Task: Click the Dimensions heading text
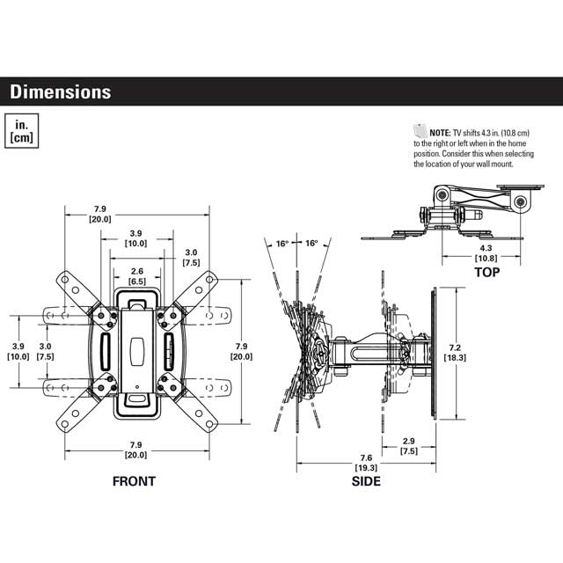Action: pyautogui.click(x=61, y=91)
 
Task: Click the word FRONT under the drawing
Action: pyautogui.click(x=134, y=481)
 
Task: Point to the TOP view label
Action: pyautogui.click(x=486, y=272)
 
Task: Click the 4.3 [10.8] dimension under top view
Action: pyautogui.click(x=485, y=254)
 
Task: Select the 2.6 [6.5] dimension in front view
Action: pyautogui.click(x=136, y=276)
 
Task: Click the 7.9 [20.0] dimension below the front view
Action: pyautogui.click(x=136, y=450)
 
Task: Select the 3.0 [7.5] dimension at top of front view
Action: pyautogui.click(x=191, y=257)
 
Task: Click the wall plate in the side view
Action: pyautogui.click(x=434, y=352)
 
